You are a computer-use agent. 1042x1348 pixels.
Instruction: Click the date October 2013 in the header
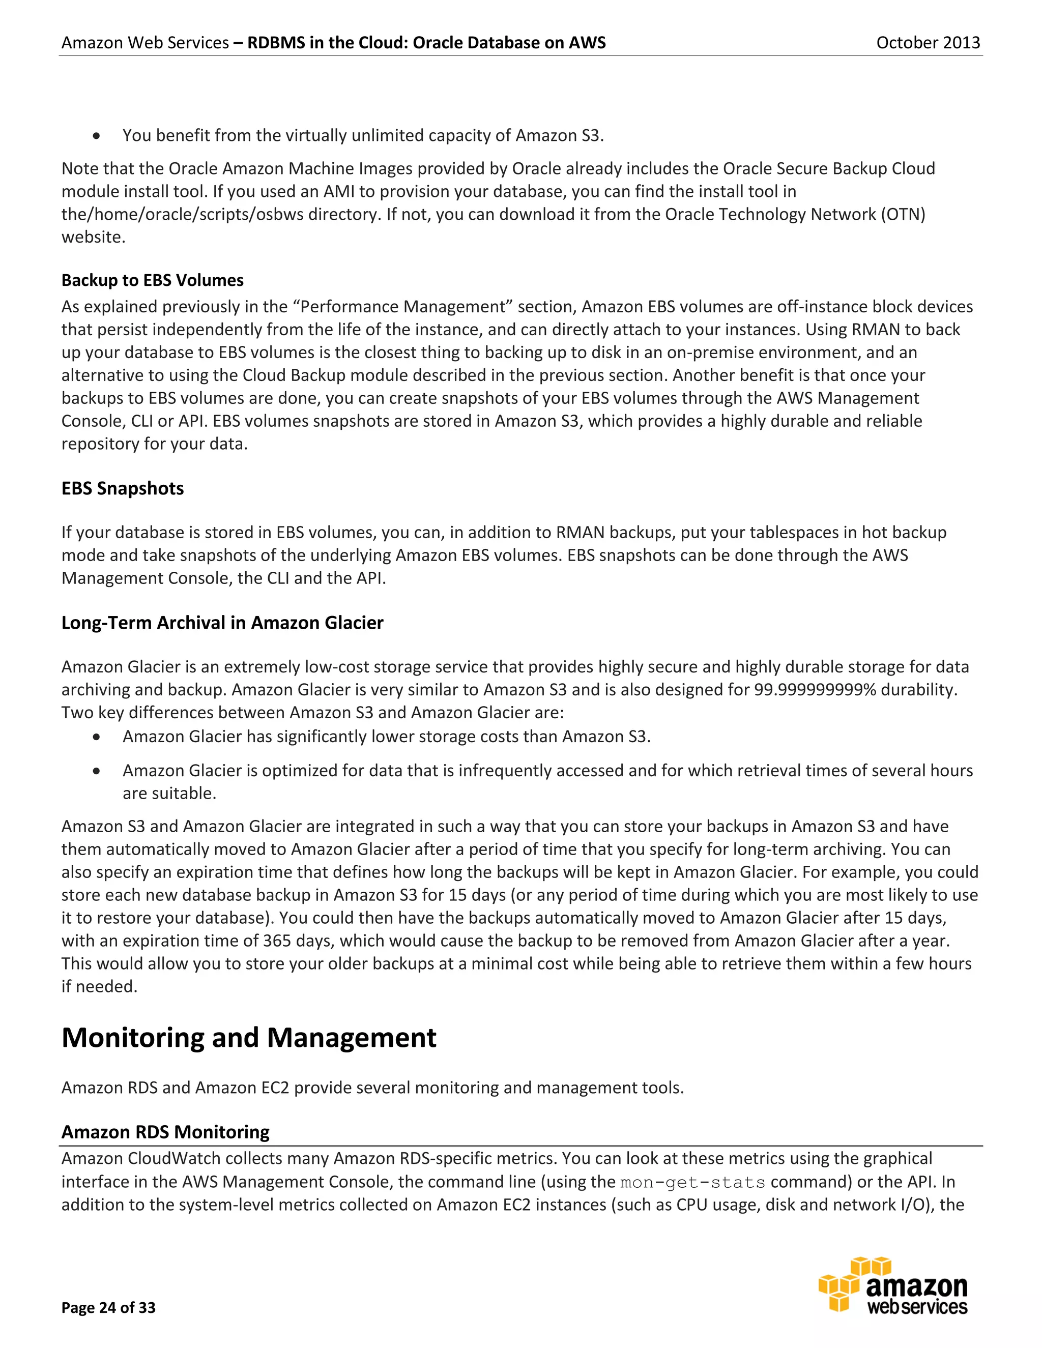tap(928, 43)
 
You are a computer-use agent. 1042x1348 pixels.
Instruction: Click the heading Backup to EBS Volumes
tap(153, 280)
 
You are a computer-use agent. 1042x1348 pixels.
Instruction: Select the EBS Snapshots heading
tap(122, 488)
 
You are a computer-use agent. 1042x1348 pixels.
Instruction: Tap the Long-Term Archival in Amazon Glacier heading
tap(222, 623)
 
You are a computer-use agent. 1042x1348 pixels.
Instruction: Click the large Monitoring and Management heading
tap(249, 1038)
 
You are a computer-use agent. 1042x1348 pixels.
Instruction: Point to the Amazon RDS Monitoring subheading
tap(165, 1132)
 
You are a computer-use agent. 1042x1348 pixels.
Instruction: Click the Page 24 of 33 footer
tap(109, 1307)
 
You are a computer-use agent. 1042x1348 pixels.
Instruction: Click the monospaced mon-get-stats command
tap(692, 1183)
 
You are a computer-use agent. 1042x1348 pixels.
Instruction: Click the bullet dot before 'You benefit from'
tap(96, 136)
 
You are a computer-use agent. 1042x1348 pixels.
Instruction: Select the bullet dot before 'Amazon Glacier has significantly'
tap(96, 737)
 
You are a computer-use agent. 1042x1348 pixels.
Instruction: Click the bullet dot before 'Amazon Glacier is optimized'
tap(96, 771)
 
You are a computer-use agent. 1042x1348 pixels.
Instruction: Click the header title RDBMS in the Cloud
tap(426, 43)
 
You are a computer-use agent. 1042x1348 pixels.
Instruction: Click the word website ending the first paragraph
tap(93, 237)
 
